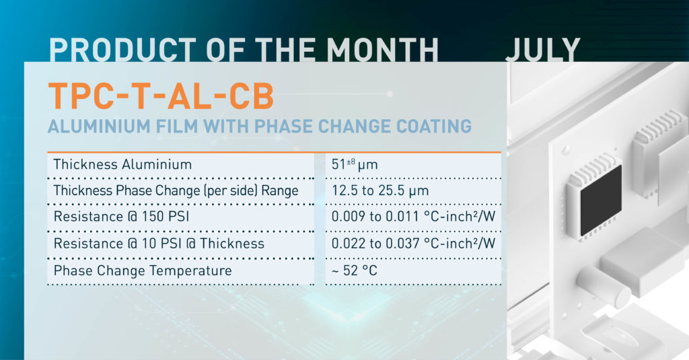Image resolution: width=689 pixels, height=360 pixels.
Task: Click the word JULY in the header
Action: (x=543, y=49)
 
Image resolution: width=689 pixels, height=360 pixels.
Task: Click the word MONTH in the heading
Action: (x=382, y=49)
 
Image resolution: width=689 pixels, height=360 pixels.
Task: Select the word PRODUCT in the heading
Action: (x=122, y=49)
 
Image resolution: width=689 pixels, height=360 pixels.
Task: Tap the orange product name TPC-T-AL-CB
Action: (x=161, y=96)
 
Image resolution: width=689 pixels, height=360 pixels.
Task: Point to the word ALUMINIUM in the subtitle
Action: (x=99, y=126)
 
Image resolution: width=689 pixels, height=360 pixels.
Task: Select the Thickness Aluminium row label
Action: (x=122, y=164)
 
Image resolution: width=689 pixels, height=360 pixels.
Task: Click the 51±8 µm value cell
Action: (x=355, y=164)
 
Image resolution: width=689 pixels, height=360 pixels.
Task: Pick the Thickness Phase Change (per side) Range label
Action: (x=176, y=191)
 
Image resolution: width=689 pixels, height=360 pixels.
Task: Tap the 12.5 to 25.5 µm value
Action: (x=380, y=191)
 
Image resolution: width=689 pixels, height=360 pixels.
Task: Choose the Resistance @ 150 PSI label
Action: (x=121, y=217)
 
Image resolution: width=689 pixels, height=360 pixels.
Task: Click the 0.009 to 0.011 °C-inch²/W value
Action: (x=413, y=217)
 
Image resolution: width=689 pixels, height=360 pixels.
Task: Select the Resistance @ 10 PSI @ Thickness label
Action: (x=159, y=244)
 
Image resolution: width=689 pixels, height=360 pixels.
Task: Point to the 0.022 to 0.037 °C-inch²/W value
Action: (x=413, y=244)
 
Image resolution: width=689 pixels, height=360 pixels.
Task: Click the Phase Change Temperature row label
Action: (x=143, y=271)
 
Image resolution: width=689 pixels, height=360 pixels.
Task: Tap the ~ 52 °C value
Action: (x=354, y=271)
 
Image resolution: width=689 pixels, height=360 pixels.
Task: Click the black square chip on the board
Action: (x=601, y=201)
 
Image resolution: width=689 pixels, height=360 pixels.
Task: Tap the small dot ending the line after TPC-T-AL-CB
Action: (x=390, y=94)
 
